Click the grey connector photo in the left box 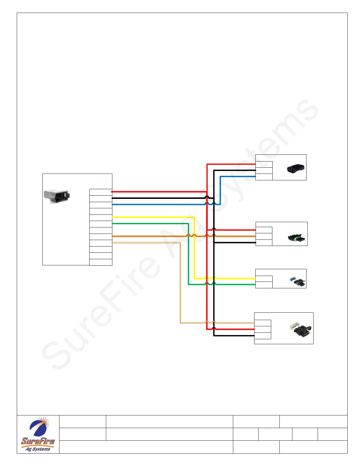[x=57, y=196]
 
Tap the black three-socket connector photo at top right [x=296, y=169]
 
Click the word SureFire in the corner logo [x=38, y=441]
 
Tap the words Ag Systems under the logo [x=38, y=449]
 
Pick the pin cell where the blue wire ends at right [x=264, y=177]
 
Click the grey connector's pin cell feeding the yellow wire [x=101, y=218]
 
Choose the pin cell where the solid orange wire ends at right [x=264, y=236]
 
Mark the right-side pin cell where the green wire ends [x=264, y=285]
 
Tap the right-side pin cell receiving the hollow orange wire [x=262, y=323]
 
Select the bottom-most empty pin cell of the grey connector [x=101, y=262]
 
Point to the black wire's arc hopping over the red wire [x=207, y=197]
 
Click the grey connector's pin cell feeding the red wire [x=101, y=192]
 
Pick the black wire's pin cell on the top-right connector [x=264, y=171]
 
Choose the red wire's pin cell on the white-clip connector [x=262, y=329]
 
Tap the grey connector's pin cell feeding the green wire [x=101, y=224]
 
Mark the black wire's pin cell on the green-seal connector [x=264, y=243]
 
